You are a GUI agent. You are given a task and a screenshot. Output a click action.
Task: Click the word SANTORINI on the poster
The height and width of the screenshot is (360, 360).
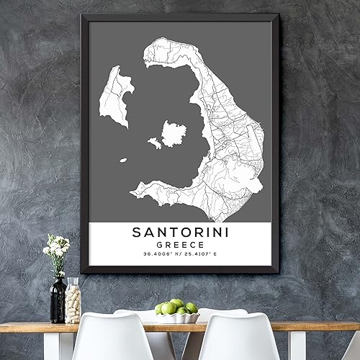point(180,232)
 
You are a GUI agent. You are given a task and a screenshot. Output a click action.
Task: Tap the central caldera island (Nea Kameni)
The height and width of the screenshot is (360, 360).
point(174,133)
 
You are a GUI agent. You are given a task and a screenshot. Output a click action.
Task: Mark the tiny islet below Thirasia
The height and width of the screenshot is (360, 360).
point(124,160)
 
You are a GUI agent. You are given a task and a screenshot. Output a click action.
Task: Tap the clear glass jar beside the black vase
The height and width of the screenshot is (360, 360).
point(73,300)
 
